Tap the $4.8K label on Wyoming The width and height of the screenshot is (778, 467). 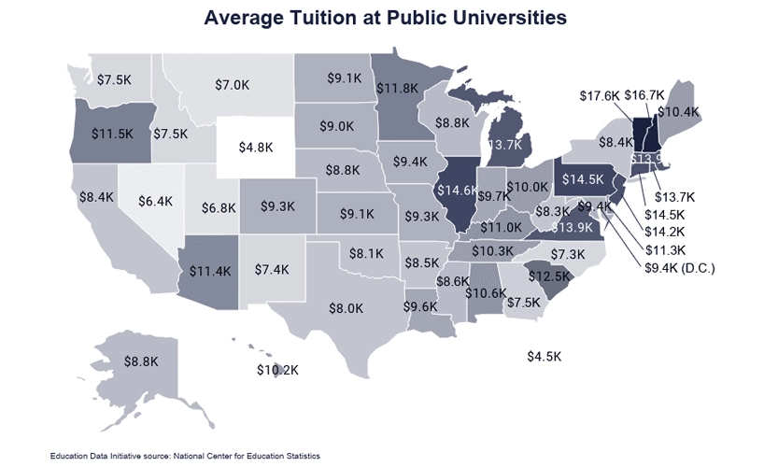pos(255,148)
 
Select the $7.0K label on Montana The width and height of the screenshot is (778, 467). pos(232,85)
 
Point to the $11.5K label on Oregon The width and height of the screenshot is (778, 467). pos(113,133)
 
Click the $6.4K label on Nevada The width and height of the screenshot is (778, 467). pos(156,200)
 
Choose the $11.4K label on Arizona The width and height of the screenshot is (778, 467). pos(210,272)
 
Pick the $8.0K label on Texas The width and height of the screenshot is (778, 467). pos(346,308)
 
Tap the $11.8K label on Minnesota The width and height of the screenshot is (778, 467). pos(398,89)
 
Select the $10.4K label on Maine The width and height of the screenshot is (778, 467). pos(678,112)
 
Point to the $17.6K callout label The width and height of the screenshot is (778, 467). pos(599,95)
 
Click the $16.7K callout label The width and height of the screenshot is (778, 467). pos(644,95)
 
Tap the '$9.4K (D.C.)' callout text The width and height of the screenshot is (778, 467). pos(680,268)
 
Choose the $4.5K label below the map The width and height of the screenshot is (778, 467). pos(544,357)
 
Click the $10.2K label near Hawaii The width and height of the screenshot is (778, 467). pos(278,371)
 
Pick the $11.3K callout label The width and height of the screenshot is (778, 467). pos(665,249)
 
